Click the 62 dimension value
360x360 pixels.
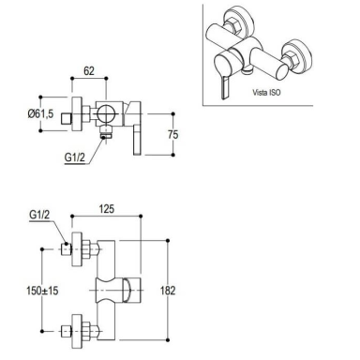[89, 70]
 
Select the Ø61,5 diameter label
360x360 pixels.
[40, 113]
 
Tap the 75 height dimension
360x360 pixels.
[172, 134]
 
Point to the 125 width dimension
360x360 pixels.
[107, 209]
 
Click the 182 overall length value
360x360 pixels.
[168, 291]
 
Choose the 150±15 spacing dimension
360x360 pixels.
[42, 291]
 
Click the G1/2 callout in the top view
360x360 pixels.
[75, 157]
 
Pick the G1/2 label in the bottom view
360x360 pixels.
[39, 215]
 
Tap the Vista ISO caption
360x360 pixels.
[266, 92]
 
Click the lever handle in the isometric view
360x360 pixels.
[225, 88]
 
